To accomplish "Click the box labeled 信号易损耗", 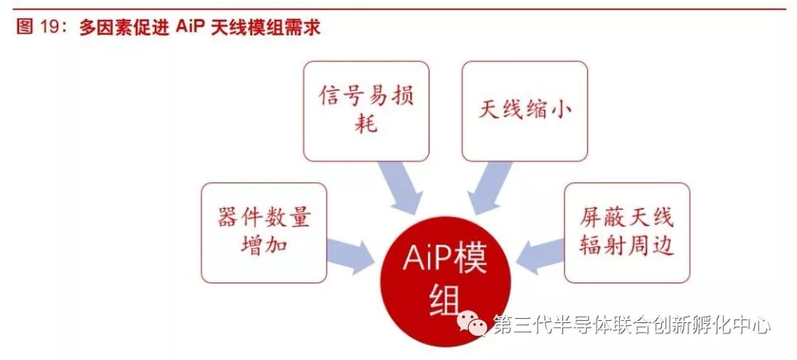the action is (366, 111).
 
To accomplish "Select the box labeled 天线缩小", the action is (525, 111).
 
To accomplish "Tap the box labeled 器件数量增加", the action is (263, 232).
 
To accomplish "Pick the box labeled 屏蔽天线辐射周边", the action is (627, 232).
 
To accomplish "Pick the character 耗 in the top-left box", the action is (366, 123).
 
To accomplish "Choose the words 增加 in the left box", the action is (263, 245).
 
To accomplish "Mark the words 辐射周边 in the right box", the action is (627, 245).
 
